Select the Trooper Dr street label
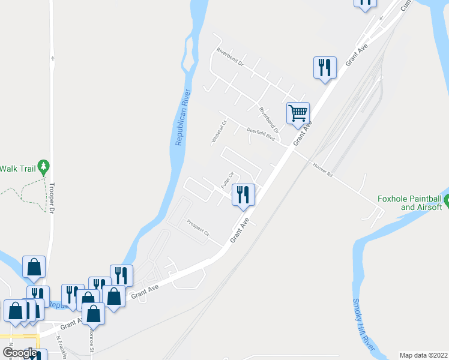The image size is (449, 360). tap(52, 199)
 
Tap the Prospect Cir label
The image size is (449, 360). tap(197, 226)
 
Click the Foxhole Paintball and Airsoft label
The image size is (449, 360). tap(409, 203)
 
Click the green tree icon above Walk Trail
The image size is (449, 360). tap(43, 166)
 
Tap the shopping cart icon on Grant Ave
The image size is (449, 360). tap(298, 113)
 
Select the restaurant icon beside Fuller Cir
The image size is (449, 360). tap(243, 195)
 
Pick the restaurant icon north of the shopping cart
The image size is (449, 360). tap(324, 67)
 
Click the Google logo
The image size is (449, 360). tap(20, 353)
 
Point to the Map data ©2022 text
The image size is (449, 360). tap(424, 355)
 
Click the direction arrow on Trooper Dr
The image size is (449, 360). tap(53, 58)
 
